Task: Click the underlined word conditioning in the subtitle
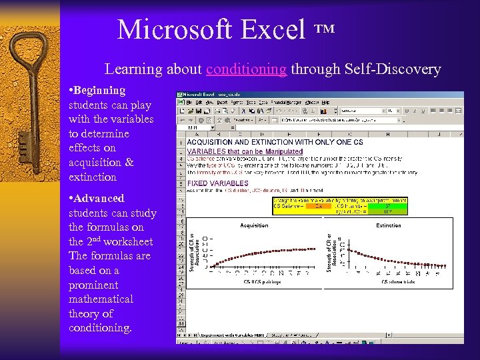coord(247,69)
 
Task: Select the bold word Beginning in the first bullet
coord(100,90)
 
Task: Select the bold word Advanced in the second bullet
coord(99,198)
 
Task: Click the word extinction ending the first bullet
coord(93,177)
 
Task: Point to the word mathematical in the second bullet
coord(101,299)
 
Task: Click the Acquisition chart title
coord(254,225)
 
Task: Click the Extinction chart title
coord(389,225)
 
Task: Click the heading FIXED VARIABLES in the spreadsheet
coord(217,183)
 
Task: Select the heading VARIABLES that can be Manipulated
coord(245,151)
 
